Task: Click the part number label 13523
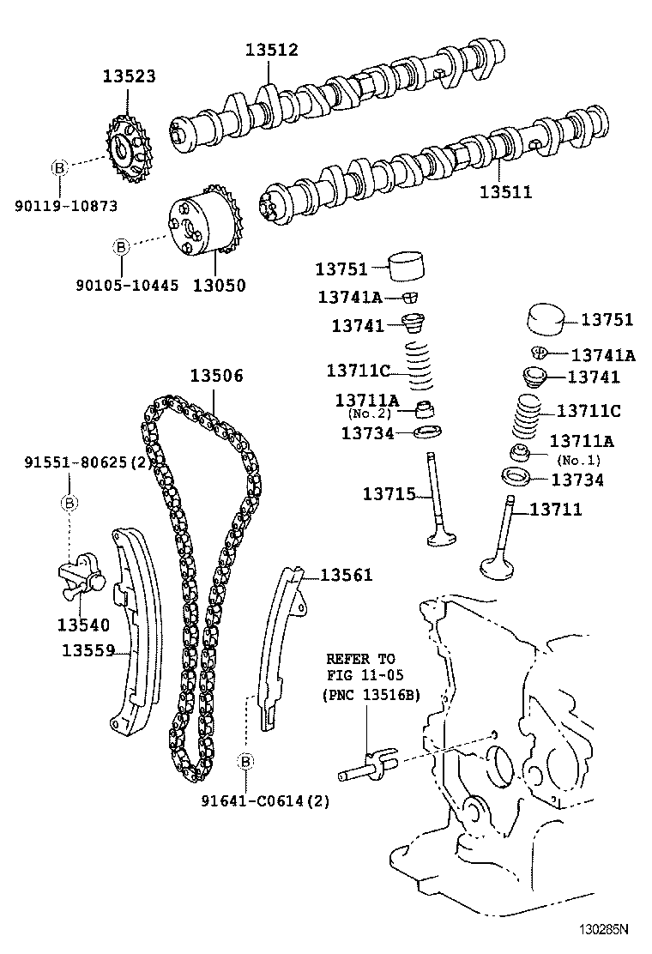130,76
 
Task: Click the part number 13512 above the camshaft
271,50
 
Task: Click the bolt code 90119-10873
66,206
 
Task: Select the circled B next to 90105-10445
121,247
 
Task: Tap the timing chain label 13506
216,376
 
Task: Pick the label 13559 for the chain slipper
88,651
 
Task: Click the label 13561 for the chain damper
347,575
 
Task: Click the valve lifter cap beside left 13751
408,266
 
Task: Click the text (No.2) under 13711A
370,414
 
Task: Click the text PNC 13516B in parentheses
371,695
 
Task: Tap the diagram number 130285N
601,929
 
